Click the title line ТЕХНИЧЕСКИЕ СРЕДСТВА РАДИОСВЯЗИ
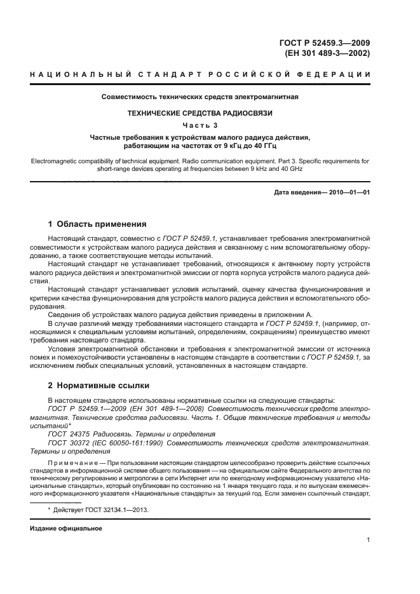[200, 113]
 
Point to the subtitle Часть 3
[200, 125]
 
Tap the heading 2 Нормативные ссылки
[99, 384]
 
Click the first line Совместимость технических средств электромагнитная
[200, 97]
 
